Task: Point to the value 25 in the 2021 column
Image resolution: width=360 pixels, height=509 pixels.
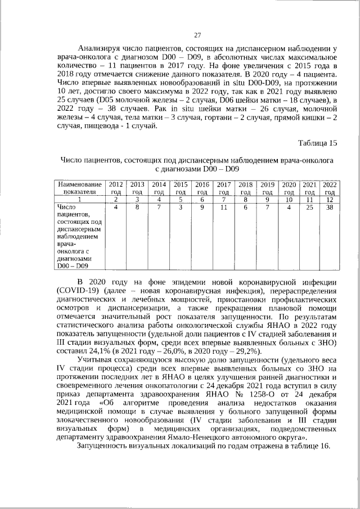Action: pos(309,208)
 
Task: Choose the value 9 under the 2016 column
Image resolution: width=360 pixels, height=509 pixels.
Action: pos(202,208)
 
